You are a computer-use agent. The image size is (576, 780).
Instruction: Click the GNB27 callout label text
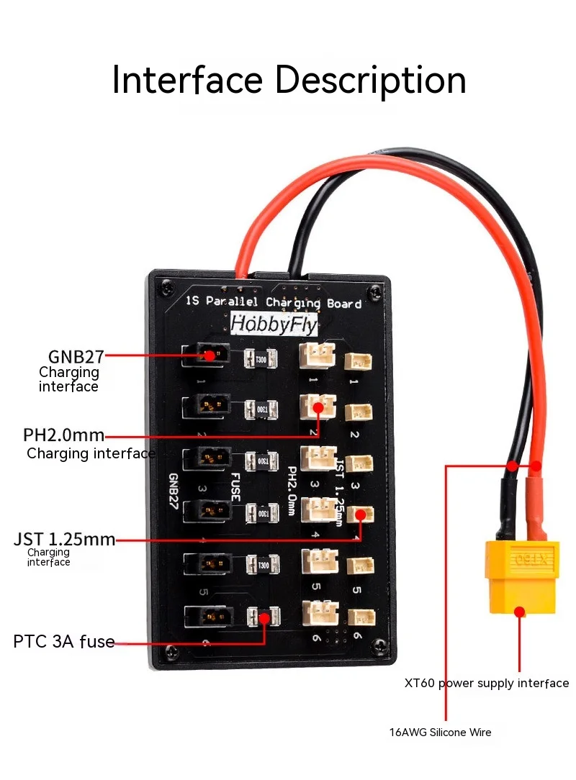tap(76, 355)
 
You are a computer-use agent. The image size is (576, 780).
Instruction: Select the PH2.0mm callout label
tap(63, 435)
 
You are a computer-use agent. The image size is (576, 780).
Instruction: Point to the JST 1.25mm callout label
tap(64, 539)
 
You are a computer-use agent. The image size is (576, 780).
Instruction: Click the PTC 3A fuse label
tap(64, 641)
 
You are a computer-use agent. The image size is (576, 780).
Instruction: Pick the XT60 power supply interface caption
tap(487, 683)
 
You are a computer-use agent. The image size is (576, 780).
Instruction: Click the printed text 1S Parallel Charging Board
tap(274, 303)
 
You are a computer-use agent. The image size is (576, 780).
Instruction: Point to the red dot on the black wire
tap(512, 466)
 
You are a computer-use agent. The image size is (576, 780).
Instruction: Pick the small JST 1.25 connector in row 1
tap(358, 361)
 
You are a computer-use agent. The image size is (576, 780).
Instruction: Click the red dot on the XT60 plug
tap(518, 612)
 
